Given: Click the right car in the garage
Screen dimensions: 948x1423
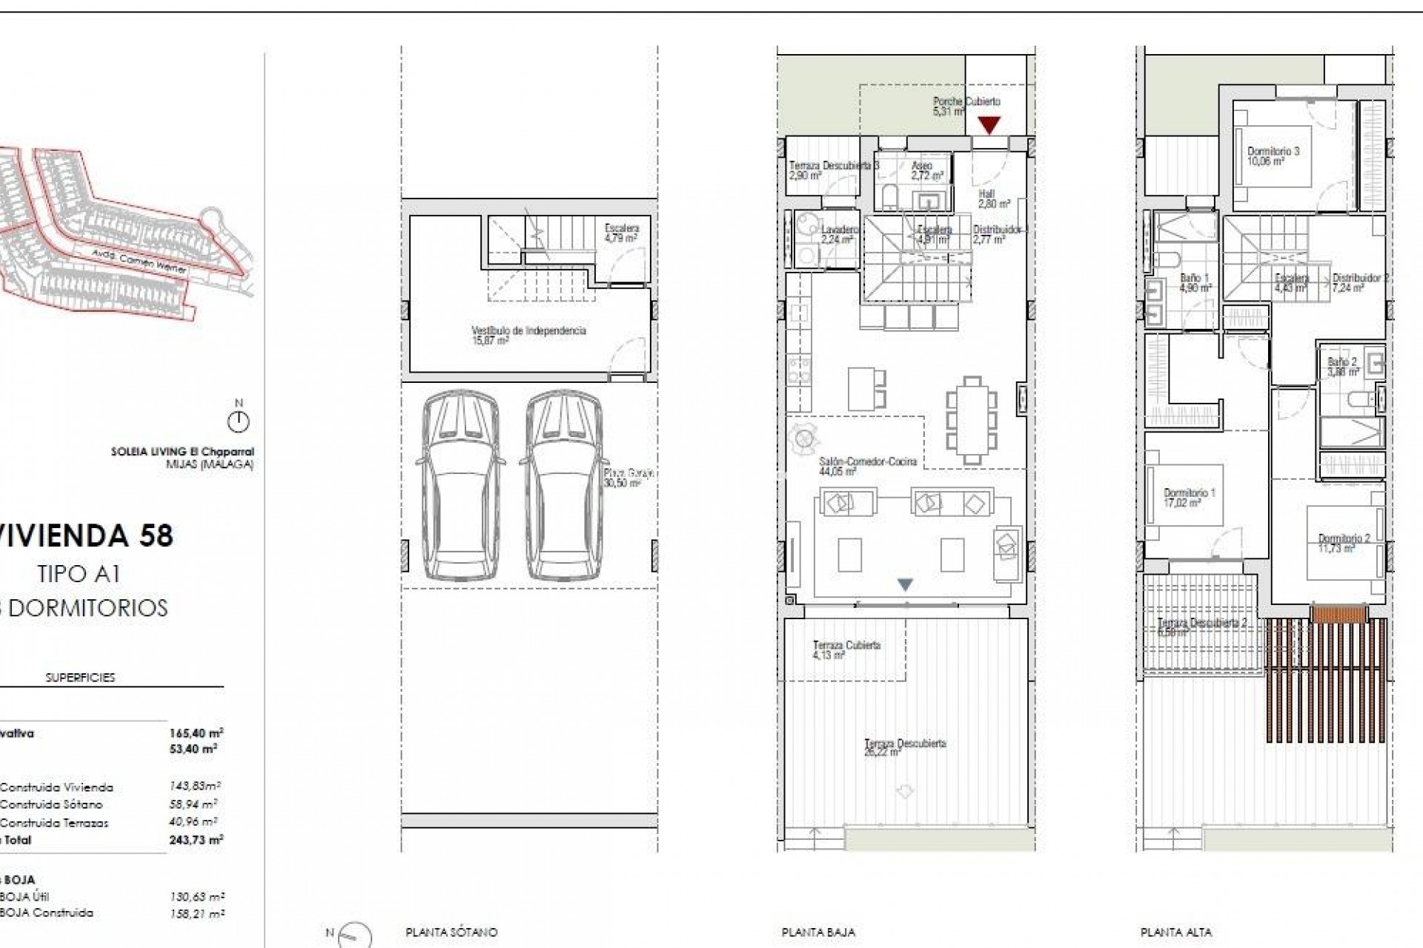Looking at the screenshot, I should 561,486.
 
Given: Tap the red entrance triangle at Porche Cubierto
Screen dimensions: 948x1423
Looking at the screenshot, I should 989,125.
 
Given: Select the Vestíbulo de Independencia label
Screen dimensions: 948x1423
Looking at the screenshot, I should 528,335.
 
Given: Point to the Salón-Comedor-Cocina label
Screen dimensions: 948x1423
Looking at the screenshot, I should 867,466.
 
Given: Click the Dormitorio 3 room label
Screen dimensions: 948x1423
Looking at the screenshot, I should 1273,156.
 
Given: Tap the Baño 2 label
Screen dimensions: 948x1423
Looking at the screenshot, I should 1341,367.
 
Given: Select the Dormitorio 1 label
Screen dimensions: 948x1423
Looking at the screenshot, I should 1189,497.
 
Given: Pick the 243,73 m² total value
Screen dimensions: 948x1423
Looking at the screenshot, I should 196,840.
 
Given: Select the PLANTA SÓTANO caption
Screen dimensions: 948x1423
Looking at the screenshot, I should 451,932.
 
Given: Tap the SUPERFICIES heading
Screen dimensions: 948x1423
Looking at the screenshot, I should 80,677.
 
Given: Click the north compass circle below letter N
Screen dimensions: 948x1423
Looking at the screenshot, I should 239,423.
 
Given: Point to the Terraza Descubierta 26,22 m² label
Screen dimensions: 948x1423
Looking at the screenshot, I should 904,747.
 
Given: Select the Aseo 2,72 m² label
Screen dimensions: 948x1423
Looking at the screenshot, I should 926,171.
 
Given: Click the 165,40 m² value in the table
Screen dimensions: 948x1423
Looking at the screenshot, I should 196,733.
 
